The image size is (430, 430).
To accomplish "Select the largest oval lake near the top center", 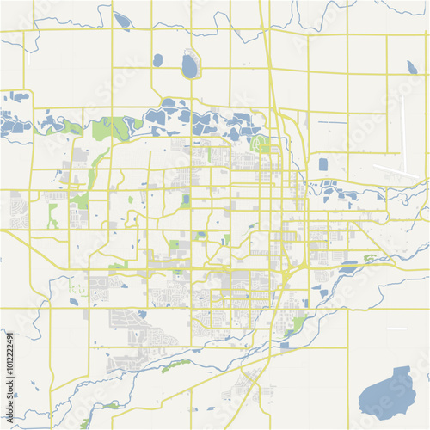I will tap(189, 65).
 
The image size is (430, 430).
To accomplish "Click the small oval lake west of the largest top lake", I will tap(157, 60).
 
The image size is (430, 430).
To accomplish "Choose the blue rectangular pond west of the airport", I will tap(323, 164).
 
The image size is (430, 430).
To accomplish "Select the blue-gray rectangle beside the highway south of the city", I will tap(285, 345).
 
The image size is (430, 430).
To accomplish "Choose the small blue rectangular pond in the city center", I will tap(186, 200).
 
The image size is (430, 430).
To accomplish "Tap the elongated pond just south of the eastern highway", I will tap(348, 267).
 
